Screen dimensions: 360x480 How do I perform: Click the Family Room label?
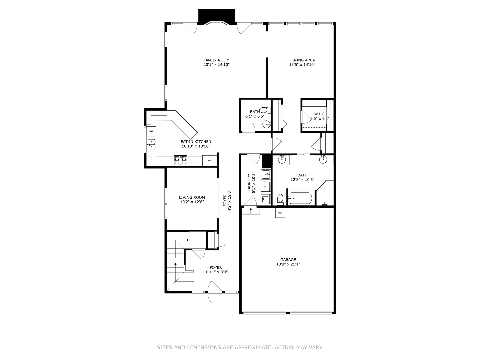pos(216,60)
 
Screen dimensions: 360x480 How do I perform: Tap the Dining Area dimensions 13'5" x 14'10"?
pos(302,65)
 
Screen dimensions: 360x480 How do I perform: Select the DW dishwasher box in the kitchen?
pos(151,131)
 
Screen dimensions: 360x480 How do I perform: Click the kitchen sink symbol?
pos(151,144)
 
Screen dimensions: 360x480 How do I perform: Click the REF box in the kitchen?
pos(210,161)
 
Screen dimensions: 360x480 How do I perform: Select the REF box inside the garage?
pos(280,213)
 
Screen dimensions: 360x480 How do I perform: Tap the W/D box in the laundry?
pos(266,186)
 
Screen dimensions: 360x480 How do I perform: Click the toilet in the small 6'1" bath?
pos(263,110)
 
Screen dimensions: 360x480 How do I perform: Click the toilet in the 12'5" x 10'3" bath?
pos(280,199)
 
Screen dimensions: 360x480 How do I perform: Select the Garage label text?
pos(288,260)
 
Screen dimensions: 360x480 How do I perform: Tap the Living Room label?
pos(192,197)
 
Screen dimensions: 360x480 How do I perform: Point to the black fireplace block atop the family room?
pos(217,16)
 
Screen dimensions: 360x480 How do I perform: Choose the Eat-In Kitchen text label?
pos(196,142)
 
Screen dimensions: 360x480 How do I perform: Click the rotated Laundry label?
pos(249,183)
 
